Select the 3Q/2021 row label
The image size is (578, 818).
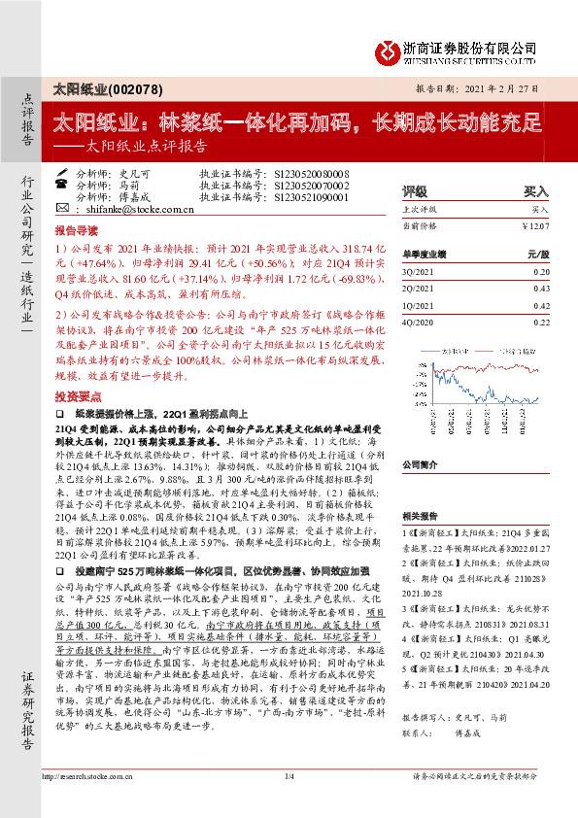point(419,272)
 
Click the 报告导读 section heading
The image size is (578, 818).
point(77,233)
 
